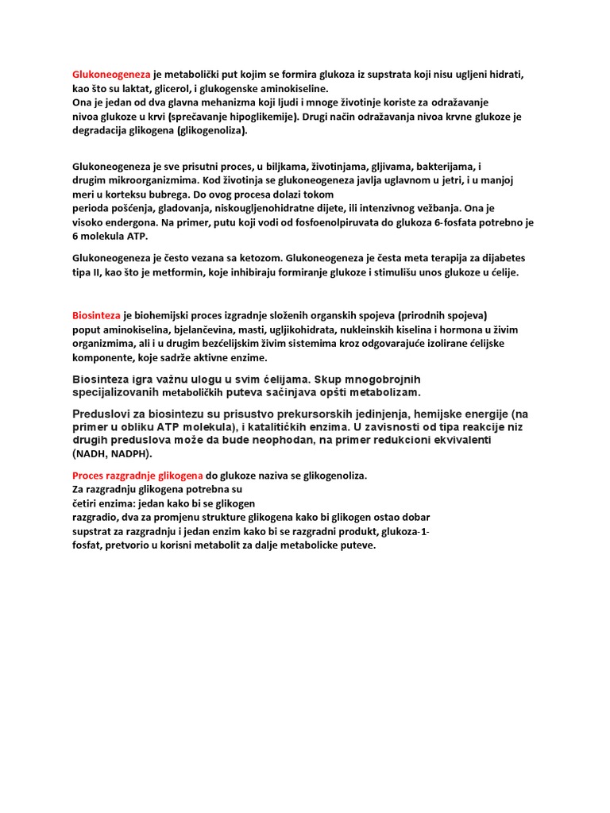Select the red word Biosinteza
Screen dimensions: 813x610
point(96,315)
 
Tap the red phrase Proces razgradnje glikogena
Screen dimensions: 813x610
point(138,475)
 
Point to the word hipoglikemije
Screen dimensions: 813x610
point(256,117)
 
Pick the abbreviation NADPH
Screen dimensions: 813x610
point(129,454)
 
